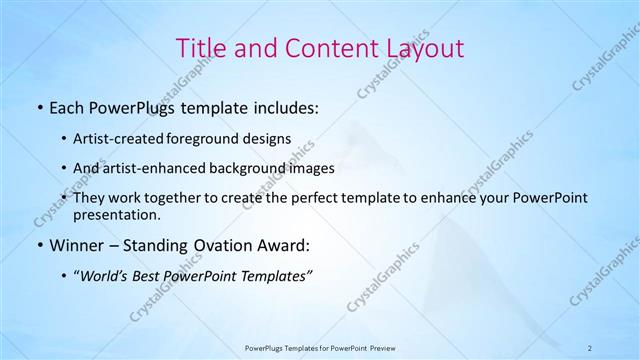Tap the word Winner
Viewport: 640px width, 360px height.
point(74,245)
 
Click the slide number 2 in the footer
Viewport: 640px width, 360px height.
point(589,347)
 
